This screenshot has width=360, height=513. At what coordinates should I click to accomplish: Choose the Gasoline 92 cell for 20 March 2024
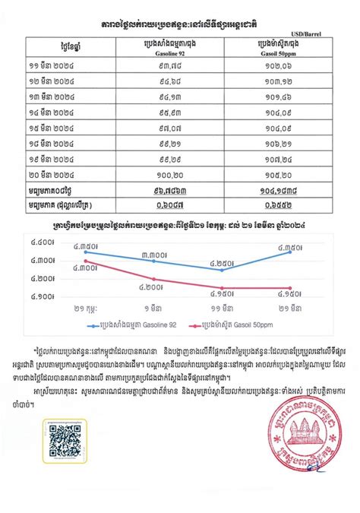pyautogui.click(x=161, y=174)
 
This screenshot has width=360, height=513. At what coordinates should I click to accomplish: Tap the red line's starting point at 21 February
pyautogui.click(x=85, y=261)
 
